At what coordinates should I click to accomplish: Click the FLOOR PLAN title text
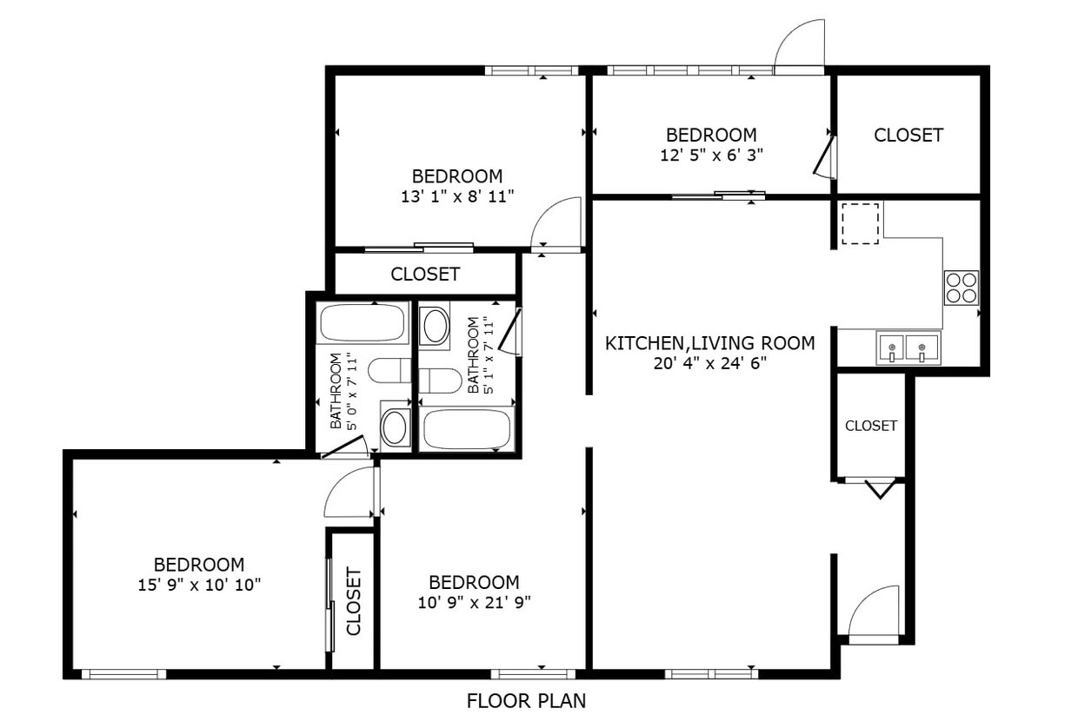click(x=526, y=700)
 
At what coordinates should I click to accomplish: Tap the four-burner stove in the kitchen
click(x=961, y=288)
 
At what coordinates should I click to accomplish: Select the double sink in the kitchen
click(x=907, y=349)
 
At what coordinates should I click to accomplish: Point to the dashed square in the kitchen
click(x=860, y=223)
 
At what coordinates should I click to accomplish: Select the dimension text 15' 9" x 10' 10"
click(x=199, y=585)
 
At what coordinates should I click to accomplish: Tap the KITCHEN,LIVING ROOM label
click(x=709, y=343)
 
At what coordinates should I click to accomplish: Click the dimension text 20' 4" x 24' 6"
click(x=709, y=363)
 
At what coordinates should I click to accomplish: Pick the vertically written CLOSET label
click(x=354, y=600)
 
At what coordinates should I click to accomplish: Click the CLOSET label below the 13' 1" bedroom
click(x=425, y=275)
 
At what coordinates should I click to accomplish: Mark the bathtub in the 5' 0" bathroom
click(x=363, y=322)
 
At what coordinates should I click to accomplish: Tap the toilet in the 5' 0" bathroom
click(x=389, y=371)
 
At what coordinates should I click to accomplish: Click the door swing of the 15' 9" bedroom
click(x=349, y=493)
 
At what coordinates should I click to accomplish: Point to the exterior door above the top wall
click(x=800, y=48)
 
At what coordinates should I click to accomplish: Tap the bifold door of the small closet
click(x=879, y=488)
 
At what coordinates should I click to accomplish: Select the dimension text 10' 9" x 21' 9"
click(x=474, y=602)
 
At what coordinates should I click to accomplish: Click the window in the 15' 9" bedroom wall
click(x=123, y=673)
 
